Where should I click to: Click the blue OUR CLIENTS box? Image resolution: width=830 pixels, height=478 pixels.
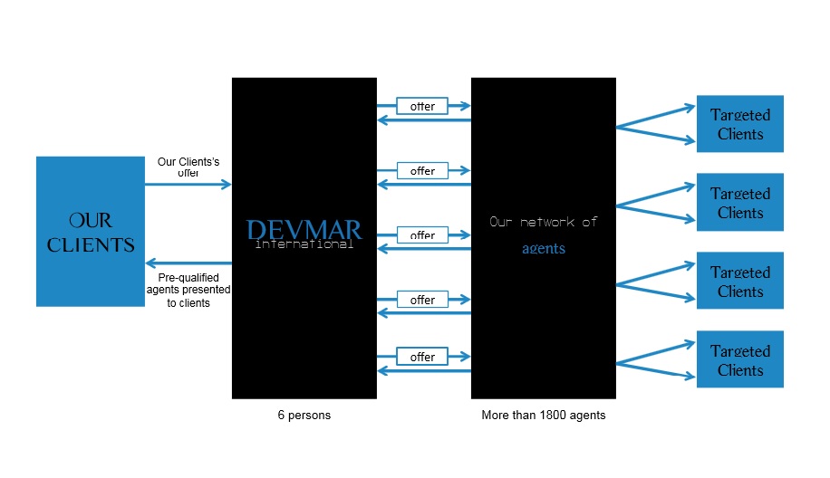[91, 231]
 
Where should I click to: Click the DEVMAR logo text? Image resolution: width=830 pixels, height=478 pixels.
[304, 229]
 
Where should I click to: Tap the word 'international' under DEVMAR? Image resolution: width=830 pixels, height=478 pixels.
[304, 244]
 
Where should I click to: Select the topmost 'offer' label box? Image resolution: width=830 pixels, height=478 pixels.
[422, 106]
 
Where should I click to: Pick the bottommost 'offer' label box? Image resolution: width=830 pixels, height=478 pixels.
[422, 357]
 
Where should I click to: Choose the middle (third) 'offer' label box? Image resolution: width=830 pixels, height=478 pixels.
[422, 234]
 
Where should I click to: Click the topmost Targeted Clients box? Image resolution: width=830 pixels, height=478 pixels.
[739, 124]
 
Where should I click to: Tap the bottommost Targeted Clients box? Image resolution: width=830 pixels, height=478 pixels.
[739, 359]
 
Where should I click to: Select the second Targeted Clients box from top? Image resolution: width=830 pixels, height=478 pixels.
[739, 203]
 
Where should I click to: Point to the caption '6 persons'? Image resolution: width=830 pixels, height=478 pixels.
[304, 416]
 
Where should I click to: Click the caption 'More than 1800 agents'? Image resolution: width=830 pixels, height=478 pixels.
[544, 416]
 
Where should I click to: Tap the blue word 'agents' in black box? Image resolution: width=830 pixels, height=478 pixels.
[544, 248]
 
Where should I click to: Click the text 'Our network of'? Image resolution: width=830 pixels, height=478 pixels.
[544, 221]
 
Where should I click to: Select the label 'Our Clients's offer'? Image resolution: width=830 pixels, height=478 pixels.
[188, 167]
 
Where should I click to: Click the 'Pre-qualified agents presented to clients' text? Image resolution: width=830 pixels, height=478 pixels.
[188, 290]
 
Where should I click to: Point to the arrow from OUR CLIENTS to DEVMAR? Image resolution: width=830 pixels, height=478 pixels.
[188, 185]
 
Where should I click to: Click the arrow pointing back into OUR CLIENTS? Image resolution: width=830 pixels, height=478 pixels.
[188, 263]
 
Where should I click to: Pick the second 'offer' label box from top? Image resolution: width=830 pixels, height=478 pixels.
[422, 170]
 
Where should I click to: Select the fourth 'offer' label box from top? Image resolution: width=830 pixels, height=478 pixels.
[422, 300]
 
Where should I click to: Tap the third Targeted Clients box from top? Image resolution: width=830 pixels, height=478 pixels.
[739, 282]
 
